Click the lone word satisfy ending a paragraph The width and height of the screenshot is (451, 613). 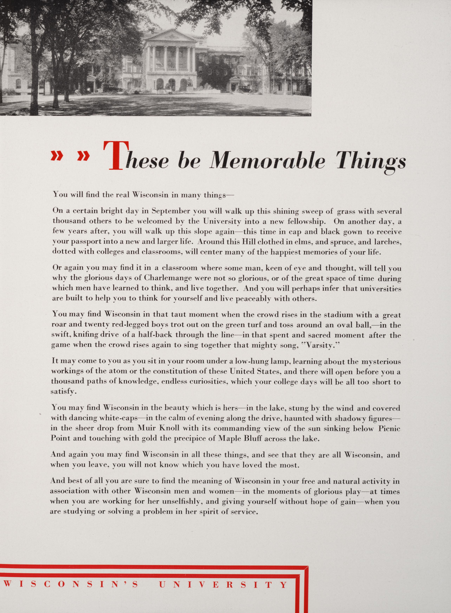point(62,391)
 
